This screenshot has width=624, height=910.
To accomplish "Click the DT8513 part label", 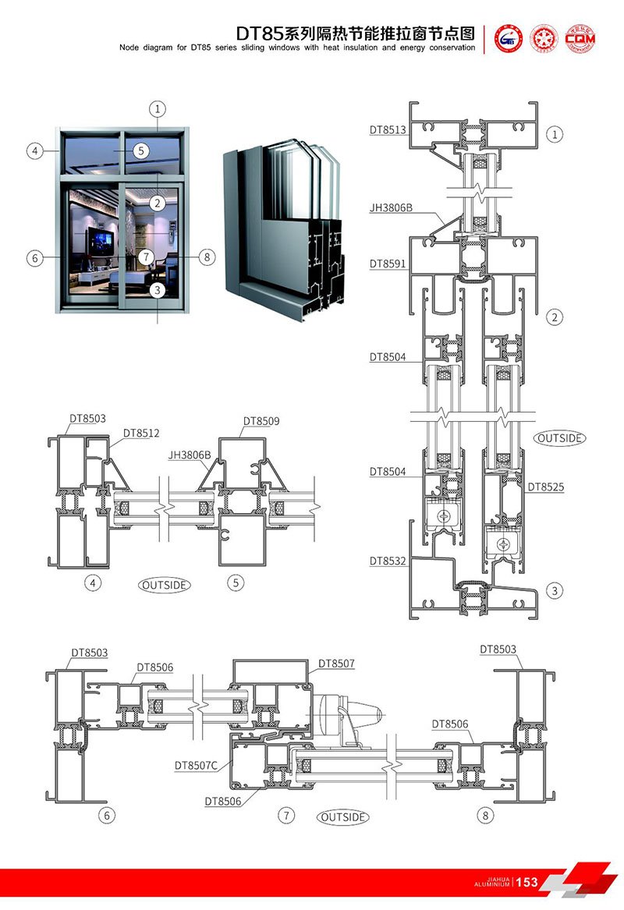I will coord(388,130).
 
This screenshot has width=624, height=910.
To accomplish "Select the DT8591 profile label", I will coord(388,264).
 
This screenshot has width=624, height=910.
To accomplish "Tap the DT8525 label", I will coord(545,487).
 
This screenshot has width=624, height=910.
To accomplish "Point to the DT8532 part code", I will coord(388,561).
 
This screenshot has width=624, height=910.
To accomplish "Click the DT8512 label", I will coord(141,434).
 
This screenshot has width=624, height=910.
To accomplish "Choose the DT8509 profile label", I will coord(261,421).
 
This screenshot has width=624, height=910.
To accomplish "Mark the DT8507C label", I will coord(196,765).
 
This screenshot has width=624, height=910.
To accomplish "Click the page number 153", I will coord(527,882).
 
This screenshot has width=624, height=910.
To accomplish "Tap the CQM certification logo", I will coord(581,37).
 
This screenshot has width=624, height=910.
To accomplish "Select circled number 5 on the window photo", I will coord(140,150).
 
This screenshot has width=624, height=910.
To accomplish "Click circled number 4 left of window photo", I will coord(34,150).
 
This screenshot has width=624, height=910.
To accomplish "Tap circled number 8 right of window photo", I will coord(206,257).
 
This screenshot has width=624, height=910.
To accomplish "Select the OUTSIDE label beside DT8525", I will coord(559,438).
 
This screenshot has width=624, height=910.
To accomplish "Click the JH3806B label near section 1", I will coord(391,208).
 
